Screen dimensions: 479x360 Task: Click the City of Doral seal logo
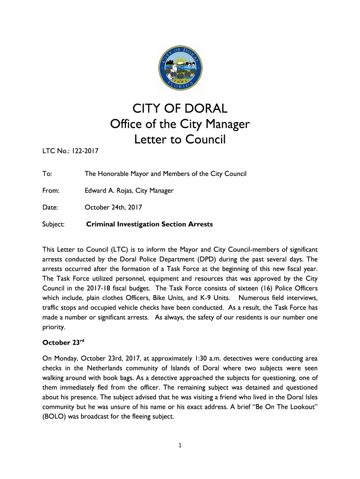coord(180,68)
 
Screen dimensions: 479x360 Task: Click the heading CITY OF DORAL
coord(180,109)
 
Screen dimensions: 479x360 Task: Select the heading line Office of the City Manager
coord(180,124)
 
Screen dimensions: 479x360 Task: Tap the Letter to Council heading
coord(180,139)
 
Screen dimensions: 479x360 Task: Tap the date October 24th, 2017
coord(114,207)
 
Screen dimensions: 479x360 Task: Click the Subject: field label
coord(53,225)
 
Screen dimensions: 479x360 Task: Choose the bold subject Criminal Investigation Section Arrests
coord(150,225)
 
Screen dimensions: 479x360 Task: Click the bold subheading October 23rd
coord(63,342)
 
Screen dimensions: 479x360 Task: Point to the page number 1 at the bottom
coord(180,445)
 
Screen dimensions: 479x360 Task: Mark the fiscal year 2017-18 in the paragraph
coord(107,289)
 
